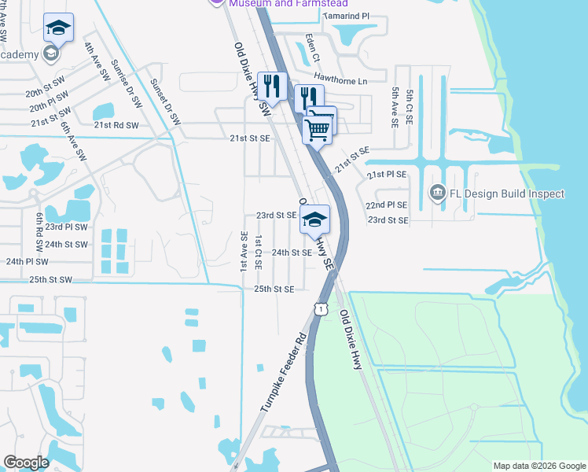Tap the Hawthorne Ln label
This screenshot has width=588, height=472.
(340, 81)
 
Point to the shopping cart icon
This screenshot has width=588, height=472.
(318, 127)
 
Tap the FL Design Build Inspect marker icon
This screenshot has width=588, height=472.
(437, 192)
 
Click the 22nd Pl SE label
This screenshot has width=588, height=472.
(387, 205)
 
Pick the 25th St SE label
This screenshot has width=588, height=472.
(274, 289)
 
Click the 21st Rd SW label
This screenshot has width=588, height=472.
(116, 125)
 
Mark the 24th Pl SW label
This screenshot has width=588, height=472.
(28, 261)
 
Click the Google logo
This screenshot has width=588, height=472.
(26, 463)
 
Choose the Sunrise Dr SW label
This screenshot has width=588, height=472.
(126, 84)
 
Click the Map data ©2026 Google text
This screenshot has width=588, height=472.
(538, 466)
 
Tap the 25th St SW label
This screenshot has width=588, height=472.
(50, 279)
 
